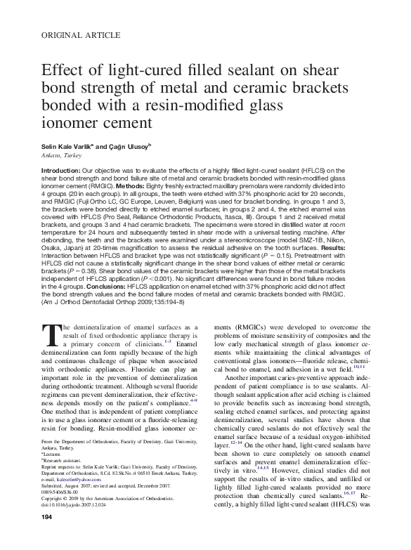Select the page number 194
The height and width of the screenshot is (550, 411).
click(48, 537)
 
